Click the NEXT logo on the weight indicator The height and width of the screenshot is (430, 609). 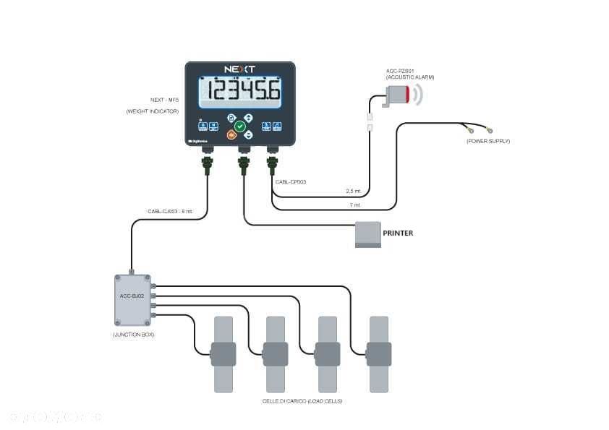tap(239, 69)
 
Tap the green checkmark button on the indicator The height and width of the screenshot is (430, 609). tap(240, 126)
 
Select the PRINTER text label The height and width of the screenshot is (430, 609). tap(398, 233)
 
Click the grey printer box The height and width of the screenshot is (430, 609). tap(368, 234)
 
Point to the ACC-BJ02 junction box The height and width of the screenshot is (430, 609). tap(132, 299)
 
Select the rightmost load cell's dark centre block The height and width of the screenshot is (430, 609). tap(379, 354)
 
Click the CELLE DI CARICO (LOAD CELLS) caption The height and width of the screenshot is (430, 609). tap(302, 400)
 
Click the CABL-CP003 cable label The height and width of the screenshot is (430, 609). tap(291, 182)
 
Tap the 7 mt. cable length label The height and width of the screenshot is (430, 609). tap(354, 205)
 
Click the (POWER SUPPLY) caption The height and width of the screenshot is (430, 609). tap(488, 141)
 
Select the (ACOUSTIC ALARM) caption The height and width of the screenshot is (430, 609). tap(410, 77)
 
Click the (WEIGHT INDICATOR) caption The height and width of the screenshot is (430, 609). tap(152, 111)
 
